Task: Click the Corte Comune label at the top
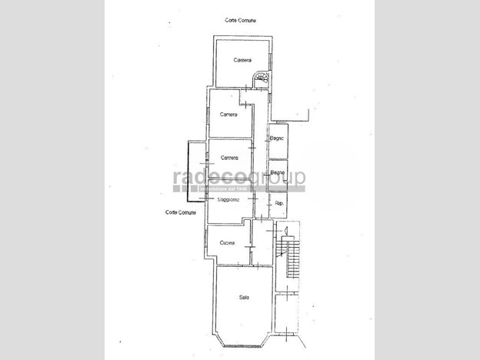241,20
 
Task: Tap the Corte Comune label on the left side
181,212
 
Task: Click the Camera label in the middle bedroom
228,115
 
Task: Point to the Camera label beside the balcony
228,158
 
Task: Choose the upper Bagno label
278,138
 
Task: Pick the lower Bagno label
278,172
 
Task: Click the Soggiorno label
228,200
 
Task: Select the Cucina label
226,243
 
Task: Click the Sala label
243,298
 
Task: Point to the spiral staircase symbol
262,80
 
